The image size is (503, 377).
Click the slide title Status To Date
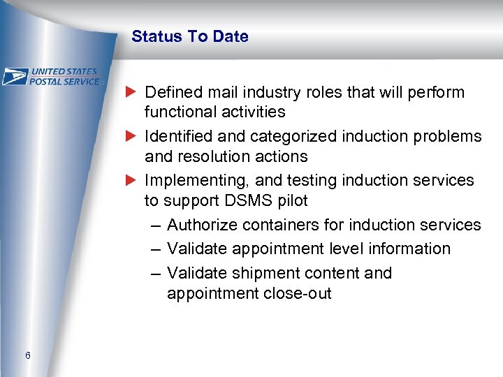click(189, 36)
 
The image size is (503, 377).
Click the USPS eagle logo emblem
click(15, 76)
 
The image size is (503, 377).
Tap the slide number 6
click(27, 356)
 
